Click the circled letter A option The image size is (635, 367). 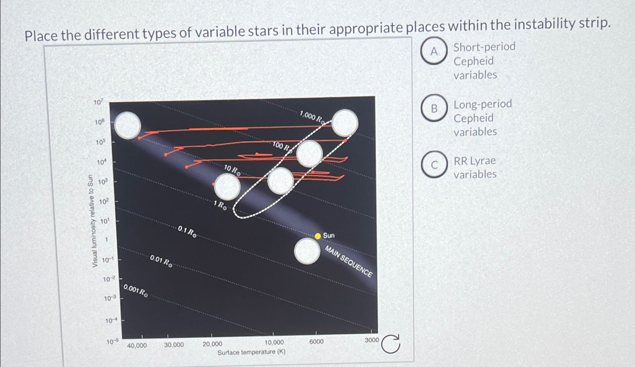pos(434,51)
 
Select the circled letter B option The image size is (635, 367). pos(434,109)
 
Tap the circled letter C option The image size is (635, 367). pos(434,165)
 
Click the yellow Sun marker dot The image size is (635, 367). pos(318,236)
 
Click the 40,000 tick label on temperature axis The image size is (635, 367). pos(137,345)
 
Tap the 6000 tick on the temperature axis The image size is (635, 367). pos(316,341)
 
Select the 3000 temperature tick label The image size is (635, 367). pos(372,340)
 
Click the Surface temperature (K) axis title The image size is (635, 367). pos(251,352)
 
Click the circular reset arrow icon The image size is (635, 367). pos(391,344)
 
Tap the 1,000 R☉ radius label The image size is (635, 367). pos(312,117)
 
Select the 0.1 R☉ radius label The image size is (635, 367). pos(187,231)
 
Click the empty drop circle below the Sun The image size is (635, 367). pos(308,251)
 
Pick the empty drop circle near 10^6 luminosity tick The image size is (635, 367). pos(128,125)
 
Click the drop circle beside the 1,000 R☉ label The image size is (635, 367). pos(345,122)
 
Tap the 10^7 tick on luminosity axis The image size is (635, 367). pos(98,102)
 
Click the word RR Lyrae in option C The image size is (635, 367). pos(474,161)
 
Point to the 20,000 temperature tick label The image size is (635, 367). pos(212,344)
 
